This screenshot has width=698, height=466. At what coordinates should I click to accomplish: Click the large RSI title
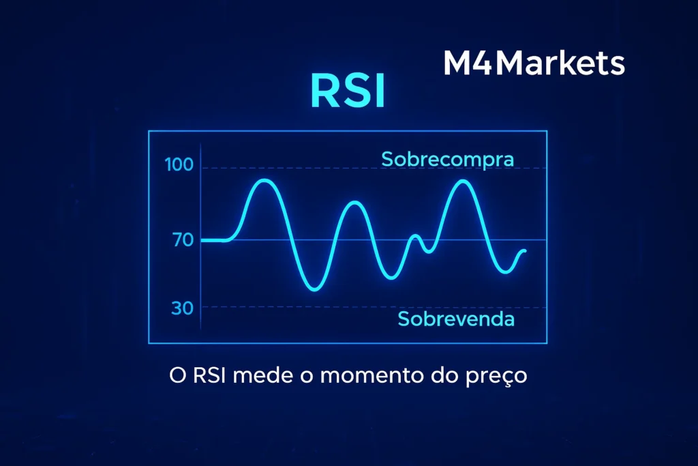pyautogui.click(x=348, y=93)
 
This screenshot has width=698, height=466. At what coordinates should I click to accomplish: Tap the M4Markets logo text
pyautogui.click(x=534, y=63)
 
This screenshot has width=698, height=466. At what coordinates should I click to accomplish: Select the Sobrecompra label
pyautogui.click(x=447, y=159)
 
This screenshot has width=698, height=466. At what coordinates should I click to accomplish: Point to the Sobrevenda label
pyautogui.click(x=456, y=319)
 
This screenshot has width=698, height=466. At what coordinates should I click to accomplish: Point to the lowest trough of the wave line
pyautogui.click(x=314, y=289)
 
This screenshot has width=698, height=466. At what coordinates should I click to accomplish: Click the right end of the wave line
pyautogui.click(x=525, y=251)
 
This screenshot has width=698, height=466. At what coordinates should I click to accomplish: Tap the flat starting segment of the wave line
pyautogui.click(x=215, y=240)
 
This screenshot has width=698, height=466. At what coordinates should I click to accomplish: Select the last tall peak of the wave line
pyautogui.click(x=463, y=181)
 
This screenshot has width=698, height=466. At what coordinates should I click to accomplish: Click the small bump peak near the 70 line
pyautogui.click(x=414, y=236)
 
